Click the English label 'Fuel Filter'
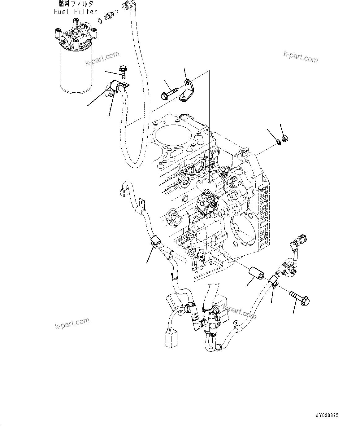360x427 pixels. (x=76, y=12)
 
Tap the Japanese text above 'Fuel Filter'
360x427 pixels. (x=76, y=4)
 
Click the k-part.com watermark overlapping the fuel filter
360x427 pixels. (x=102, y=59)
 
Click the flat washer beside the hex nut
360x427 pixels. (x=278, y=142)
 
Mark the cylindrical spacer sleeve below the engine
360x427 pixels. (x=256, y=273)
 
